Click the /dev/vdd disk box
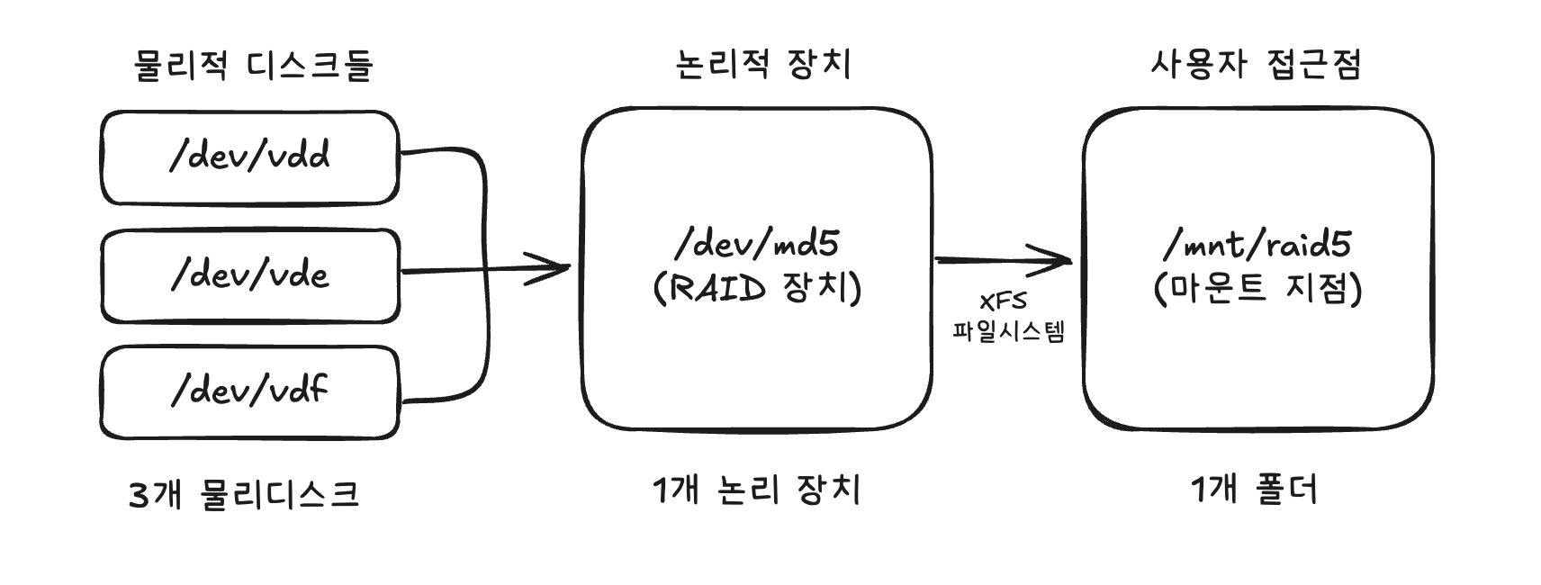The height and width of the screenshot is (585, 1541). click(x=249, y=157)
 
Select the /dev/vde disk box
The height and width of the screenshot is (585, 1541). click(x=249, y=275)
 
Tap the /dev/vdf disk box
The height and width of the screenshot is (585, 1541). click(x=249, y=392)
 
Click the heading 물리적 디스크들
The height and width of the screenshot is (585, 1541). click(x=253, y=66)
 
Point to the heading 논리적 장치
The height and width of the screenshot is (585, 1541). click(x=762, y=64)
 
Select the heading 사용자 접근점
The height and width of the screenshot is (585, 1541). click(x=1256, y=64)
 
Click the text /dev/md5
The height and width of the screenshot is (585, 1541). click(x=756, y=244)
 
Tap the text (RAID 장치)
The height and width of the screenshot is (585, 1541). click(x=756, y=289)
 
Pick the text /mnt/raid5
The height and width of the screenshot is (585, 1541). click(x=1257, y=244)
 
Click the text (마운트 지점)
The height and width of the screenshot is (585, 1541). click(x=1257, y=289)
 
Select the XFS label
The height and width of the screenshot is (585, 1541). click(x=1003, y=301)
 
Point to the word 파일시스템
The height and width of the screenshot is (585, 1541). click(x=1008, y=331)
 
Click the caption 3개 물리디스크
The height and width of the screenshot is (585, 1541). click(x=244, y=494)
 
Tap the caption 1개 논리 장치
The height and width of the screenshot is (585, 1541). click(x=756, y=490)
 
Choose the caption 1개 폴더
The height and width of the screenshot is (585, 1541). click(x=1254, y=490)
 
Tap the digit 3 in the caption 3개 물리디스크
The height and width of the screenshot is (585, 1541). click(x=139, y=495)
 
